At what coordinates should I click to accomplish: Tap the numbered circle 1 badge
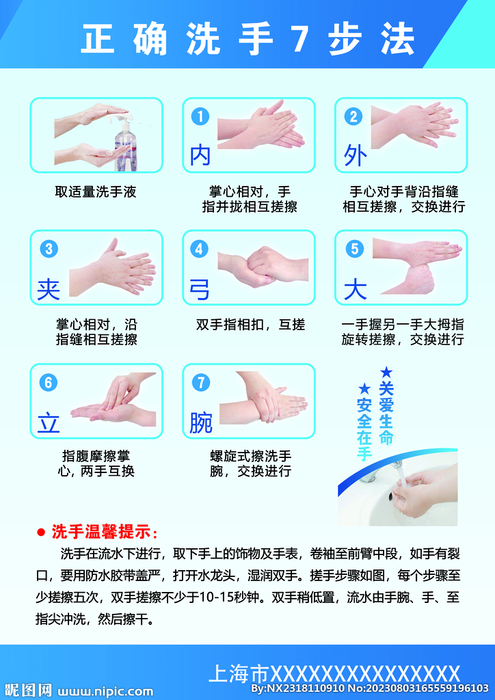(x=200, y=117)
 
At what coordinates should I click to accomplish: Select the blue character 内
(x=200, y=156)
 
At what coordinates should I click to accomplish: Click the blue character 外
(x=355, y=156)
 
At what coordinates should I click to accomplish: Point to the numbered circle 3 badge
(x=47, y=249)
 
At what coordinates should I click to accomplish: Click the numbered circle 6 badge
(x=47, y=382)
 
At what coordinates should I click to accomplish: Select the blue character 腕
(x=201, y=423)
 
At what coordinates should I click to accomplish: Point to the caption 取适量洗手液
(x=96, y=192)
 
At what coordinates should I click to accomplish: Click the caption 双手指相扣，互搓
(x=250, y=325)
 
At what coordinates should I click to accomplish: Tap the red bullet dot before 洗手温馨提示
(x=40, y=531)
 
